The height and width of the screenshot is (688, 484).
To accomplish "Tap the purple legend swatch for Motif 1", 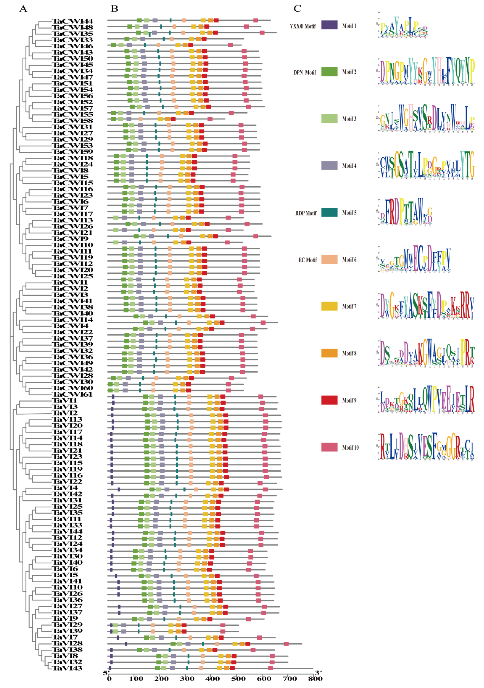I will coord(329,25).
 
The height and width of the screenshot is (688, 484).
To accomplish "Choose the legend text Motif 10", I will coord(350,447).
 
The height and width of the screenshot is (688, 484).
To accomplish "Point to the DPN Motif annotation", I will coord(305,72).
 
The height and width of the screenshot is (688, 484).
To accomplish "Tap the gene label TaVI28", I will coord(67,643).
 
